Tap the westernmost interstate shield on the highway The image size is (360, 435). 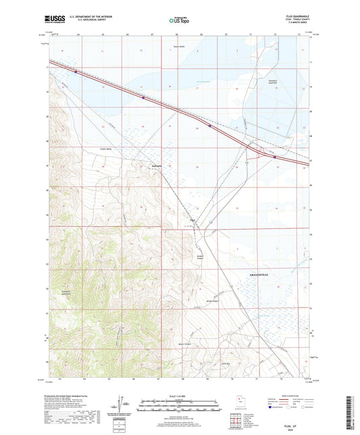click(76, 70)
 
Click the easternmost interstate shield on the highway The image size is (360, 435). click(275, 157)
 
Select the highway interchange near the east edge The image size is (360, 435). click(255, 152)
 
